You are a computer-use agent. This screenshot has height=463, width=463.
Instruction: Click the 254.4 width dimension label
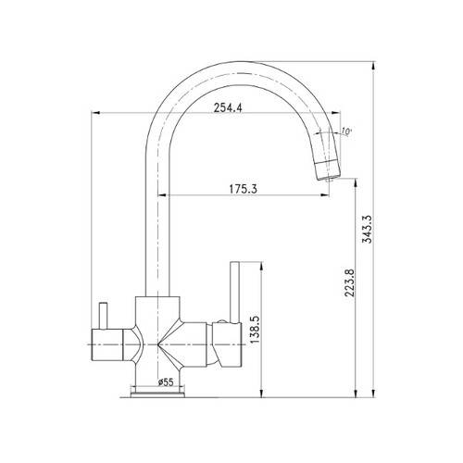[229, 107]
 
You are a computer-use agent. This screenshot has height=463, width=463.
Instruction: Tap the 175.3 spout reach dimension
[243, 189]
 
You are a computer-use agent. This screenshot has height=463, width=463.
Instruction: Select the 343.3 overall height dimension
[369, 230]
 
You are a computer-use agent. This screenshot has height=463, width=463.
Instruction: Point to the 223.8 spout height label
[350, 283]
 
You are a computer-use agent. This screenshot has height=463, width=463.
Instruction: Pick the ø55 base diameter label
[166, 382]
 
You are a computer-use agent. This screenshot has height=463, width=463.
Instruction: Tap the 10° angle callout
[346, 131]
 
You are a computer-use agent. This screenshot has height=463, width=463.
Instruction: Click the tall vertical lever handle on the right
[234, 292]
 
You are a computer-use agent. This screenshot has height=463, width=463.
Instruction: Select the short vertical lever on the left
[103, 316]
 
